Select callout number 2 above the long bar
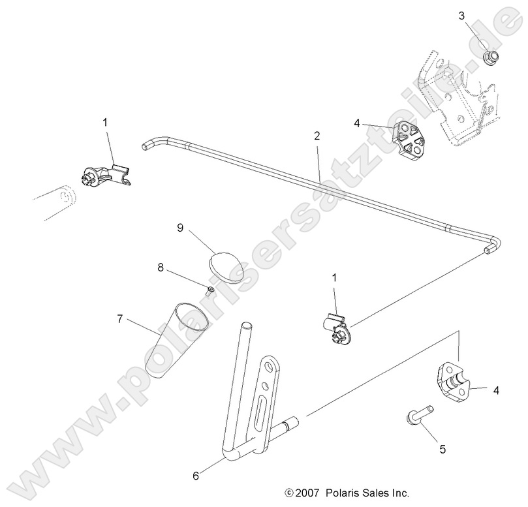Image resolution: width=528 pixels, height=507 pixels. click(316, 136)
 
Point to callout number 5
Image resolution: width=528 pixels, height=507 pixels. click(442, 449)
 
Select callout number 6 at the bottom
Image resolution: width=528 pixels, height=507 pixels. click(196, 476)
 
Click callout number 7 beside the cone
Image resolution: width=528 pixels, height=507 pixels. click(120, 318)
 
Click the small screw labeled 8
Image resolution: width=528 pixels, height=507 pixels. click(210, 288)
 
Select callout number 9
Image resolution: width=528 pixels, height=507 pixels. click(179, 228)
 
